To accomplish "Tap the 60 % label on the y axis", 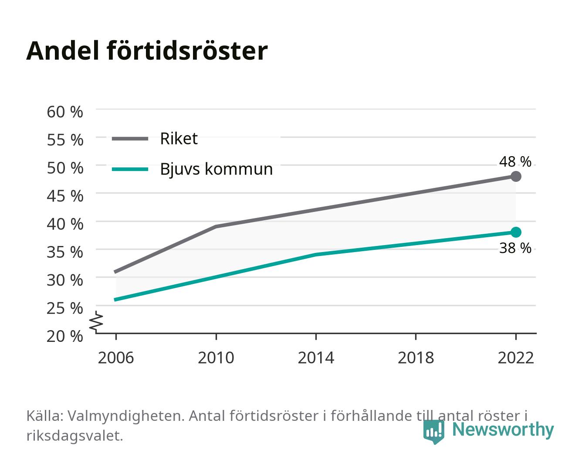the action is pos(65,112).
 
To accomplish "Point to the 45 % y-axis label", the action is pos(65,196).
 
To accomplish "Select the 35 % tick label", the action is pos(65,252).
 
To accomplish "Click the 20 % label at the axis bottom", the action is pos(65,336).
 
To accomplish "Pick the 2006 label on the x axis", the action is pos(116,358).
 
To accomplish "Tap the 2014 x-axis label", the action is pos(316,358).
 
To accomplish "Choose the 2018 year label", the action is pos(416,358).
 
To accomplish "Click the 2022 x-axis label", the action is pos(516,358).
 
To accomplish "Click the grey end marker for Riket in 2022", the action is pos(516,177).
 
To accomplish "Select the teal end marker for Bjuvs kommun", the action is pos(516,232).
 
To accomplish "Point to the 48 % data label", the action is pos(515,162).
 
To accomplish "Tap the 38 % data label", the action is pos(515,248).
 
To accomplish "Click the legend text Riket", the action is pos(179,138).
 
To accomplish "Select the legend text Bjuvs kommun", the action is pos(217,169).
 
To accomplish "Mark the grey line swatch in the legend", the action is pos(130,139).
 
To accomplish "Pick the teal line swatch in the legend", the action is pos(130,169).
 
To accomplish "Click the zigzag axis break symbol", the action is pos(96,322).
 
